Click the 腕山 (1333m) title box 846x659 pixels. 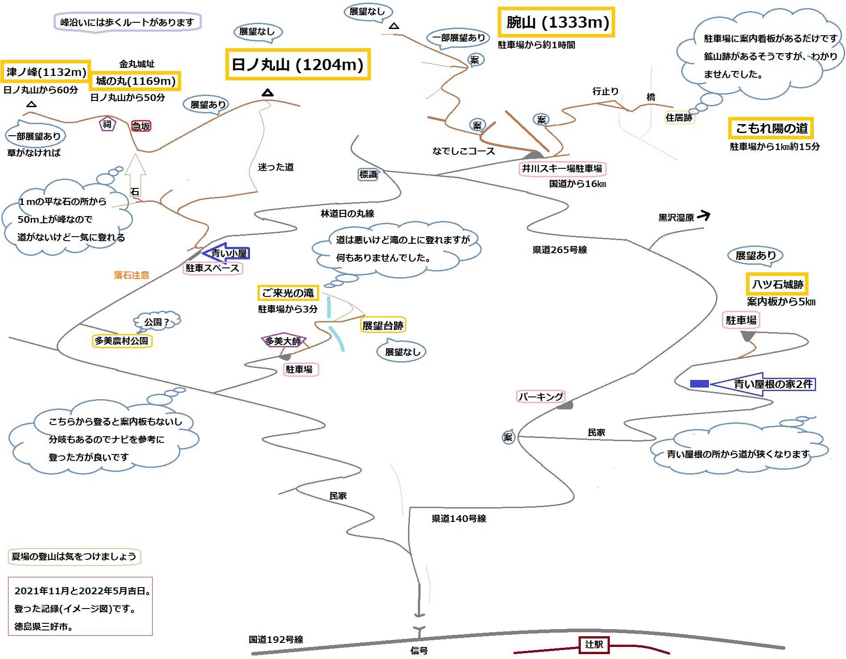pos(556,22)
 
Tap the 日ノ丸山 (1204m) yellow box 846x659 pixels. pos(298,65)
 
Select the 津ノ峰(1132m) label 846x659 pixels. pos(46,72)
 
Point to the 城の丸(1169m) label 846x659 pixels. pos(136,81)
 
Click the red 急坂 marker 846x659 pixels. pos(141,126)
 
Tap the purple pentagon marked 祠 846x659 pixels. pos(107,124)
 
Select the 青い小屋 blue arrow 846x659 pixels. pos(226,253)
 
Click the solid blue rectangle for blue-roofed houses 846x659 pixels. pos(699,384)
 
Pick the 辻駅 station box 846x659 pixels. pos(594,644)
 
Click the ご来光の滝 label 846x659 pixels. pos(288,293)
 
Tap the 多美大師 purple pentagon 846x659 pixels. pos(283,341)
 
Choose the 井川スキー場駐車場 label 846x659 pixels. pos(562,168)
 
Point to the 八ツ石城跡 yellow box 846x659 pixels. pos(777,284)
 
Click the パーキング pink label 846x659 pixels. pos(541,396)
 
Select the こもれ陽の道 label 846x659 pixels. pos(771,128)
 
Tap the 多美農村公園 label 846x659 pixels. pos(121,341)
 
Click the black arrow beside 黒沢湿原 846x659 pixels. pos(704,216)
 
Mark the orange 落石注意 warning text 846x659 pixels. pos(131,275)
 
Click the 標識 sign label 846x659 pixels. pos(368,175)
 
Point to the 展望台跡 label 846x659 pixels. pos(383,325)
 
